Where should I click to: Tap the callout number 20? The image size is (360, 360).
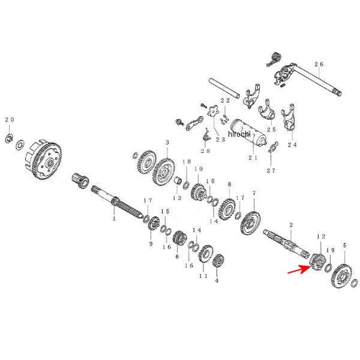pyautogui.click(x=9, y=120)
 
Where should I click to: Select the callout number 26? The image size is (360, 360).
pyautogui.click(x=318, y=64)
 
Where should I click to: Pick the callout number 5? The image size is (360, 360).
pyautogui.click(x=344, y=245)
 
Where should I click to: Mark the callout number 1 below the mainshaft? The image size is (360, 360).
pyautogui.click(x=113, y=220)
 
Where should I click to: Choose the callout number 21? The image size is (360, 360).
pyautogui.click(x=253, y=158)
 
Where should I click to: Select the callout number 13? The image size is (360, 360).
pyautogui.click(x=177, y=197)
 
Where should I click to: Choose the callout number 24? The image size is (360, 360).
pyautogui.click(x=292, y=145)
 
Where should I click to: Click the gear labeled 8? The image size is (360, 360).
pyautogui.click(x=228, y=208)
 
